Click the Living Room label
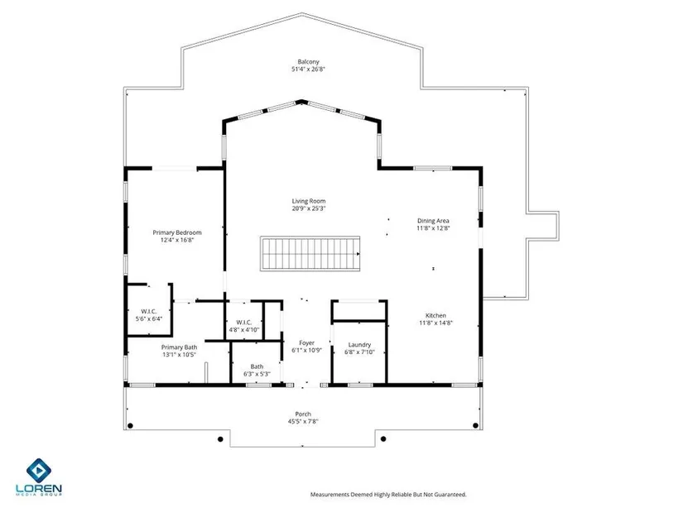click(309, 201)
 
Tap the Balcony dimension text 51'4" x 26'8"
click(309, 69)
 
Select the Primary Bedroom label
click(177, 232)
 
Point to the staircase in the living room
click(310, 254)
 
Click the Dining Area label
click(433, 221)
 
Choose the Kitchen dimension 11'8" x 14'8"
click(435, 323)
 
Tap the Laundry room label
click(359, 345)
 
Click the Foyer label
click(306, 343)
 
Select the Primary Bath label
click(179, 347)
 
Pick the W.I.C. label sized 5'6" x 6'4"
click(148, 312)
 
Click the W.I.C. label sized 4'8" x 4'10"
click(244, 323)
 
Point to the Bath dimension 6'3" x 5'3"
click(257, 374)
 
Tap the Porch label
click(303, 414)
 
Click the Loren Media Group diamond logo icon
click(39, 470)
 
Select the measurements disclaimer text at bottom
click(388, 495)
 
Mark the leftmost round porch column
click(130, 425)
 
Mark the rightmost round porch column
click(476, 425)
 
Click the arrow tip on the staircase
click(359, 254)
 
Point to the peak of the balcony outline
click(302, 13)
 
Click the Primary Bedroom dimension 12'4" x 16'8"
click(177, 240)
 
